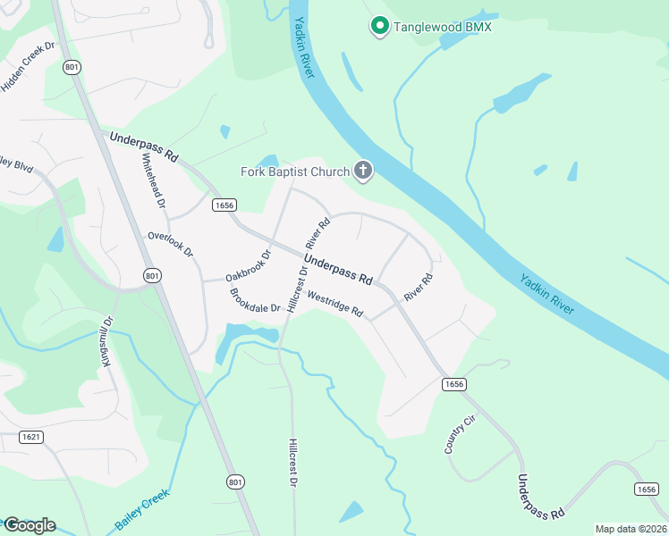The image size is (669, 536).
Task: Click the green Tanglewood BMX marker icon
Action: click(378, 27)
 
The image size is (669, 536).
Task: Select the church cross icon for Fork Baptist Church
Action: click(363, 170)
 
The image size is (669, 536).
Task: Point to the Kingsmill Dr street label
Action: click(106, 341)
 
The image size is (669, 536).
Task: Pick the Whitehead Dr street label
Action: click(155, 180)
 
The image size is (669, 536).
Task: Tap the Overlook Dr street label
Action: click(171, 245)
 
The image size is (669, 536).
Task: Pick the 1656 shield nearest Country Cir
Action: click(454, 383)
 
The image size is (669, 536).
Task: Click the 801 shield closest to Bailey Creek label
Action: click(233, 482)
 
